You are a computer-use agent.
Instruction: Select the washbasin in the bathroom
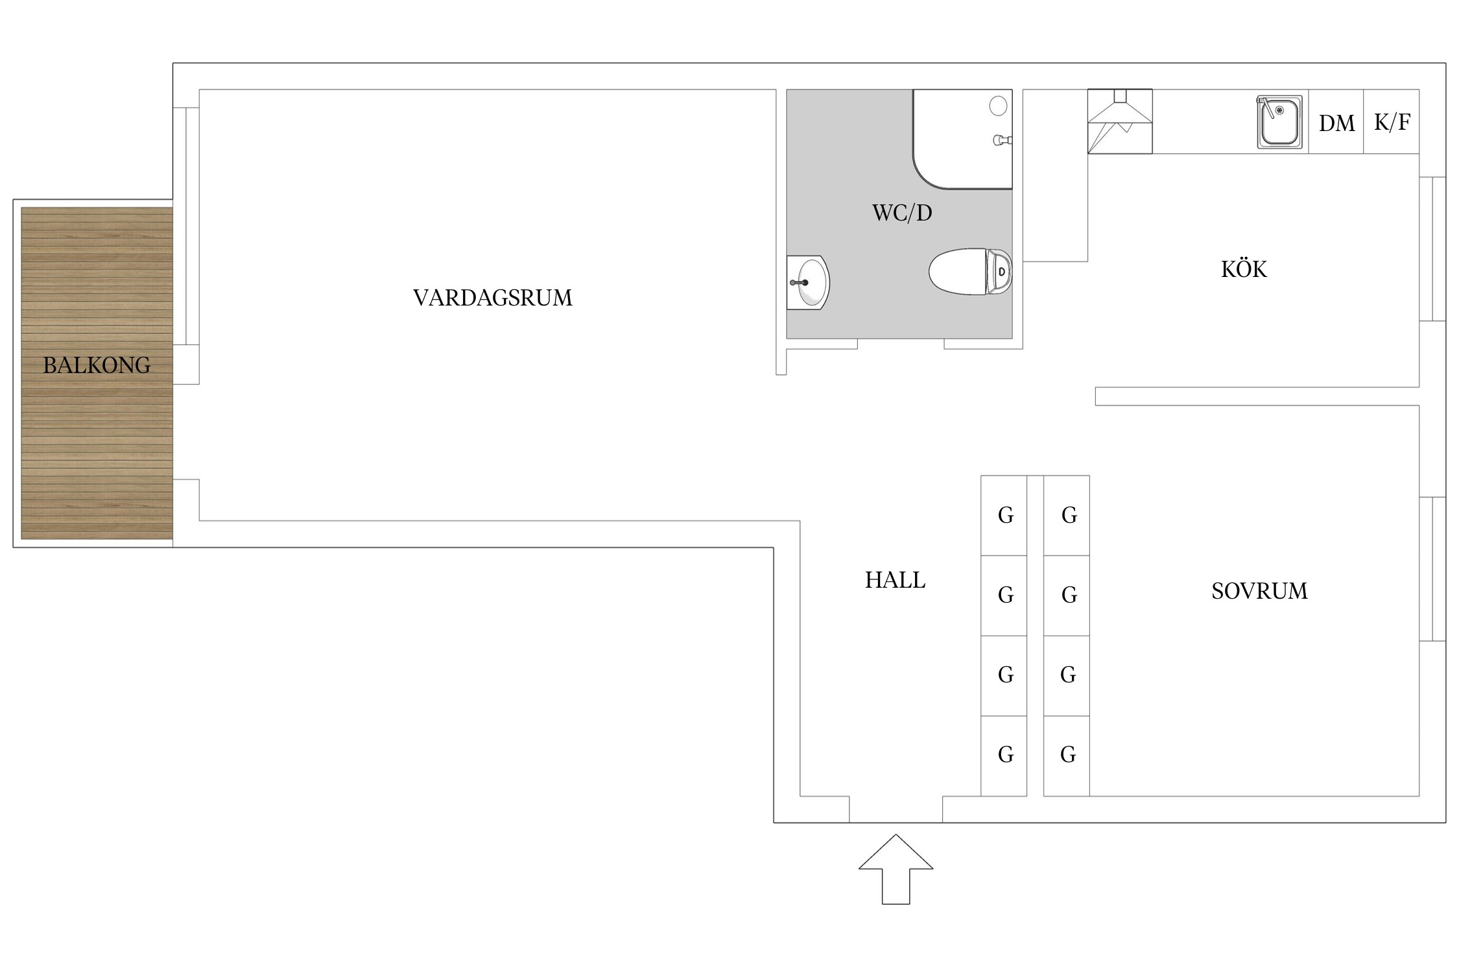coord(809,282)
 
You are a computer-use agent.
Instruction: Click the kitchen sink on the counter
coord(1279,123)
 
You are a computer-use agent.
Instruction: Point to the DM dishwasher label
coord(1336,123)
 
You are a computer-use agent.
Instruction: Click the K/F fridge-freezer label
coord(1392,122)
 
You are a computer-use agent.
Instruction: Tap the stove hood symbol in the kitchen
coord(1120,121)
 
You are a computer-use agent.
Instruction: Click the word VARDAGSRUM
coord(493,298)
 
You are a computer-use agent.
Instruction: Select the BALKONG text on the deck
coord(97,365)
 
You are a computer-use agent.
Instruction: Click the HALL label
coord(895,580)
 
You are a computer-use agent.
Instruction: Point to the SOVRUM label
coord(1259,591)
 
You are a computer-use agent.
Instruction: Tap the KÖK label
coord(1243,269)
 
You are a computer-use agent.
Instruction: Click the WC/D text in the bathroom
coord(902,213)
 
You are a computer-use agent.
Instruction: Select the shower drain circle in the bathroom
coord(998,106)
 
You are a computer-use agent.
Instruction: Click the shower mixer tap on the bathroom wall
coord(1002,139)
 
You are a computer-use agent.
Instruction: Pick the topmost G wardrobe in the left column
coord(1005,515)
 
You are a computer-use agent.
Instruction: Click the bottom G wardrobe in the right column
coord(1067,754)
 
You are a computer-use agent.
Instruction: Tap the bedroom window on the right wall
coord(1432,569)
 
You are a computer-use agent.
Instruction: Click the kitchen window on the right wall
coord(1432,249)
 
